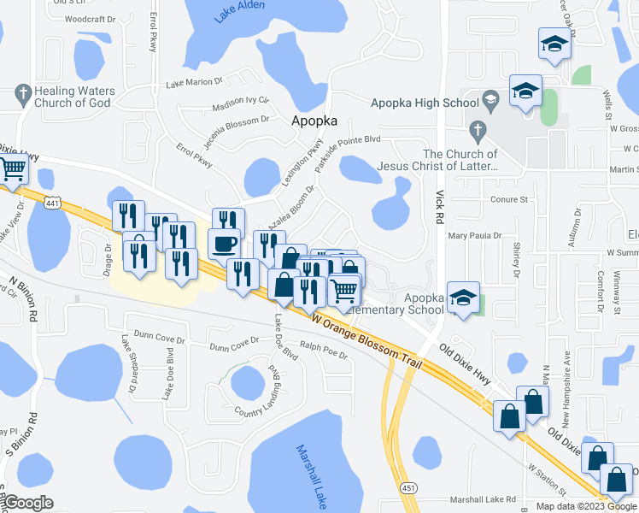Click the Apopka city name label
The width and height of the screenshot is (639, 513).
click(x=314, y=121)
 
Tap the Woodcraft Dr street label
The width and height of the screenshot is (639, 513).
click(x=90, y=18)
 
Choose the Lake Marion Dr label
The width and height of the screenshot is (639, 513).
click(x=194, y=83)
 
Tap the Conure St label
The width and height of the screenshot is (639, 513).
click(x=510, y=199)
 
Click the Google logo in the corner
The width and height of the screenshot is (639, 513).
click(x=28, y=503)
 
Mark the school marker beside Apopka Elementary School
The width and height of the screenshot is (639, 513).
click(x=463, y=299)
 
